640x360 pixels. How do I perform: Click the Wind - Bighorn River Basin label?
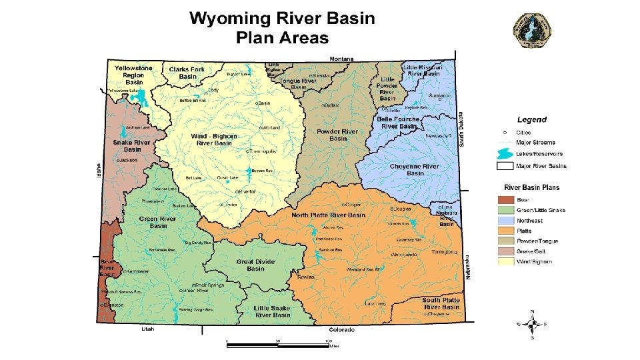214,139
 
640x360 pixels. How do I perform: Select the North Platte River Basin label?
328,215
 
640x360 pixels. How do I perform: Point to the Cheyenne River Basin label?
414,169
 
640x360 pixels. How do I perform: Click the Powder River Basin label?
337,135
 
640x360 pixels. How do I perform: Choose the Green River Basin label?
158,222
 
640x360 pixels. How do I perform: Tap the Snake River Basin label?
131,145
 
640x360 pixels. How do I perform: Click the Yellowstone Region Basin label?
133,75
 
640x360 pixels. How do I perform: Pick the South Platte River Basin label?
441,303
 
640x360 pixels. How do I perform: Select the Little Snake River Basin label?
272,311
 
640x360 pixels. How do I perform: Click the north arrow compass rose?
531,325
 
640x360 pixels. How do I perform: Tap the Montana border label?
341,58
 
